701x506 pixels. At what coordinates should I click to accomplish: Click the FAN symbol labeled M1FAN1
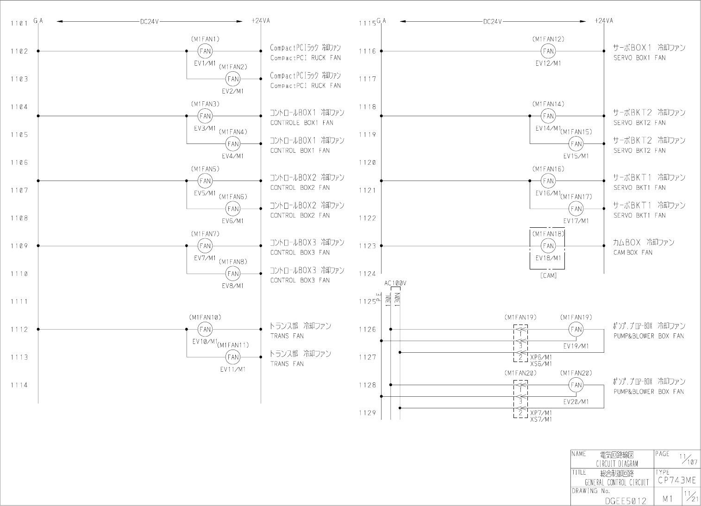coord(205,51)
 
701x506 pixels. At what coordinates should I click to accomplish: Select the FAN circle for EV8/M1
coord(233,274)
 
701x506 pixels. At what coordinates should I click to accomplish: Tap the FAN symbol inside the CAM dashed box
coord(548,246)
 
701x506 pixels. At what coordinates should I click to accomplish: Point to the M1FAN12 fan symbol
coord(548,51)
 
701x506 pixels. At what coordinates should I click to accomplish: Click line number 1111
coord(19,302)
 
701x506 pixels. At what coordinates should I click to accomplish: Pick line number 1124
coord(367,274)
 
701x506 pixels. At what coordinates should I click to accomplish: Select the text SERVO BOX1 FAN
coord(639,58)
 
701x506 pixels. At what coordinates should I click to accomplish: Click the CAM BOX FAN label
coord(632,253)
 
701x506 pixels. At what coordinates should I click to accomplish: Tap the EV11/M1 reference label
coord(233,369)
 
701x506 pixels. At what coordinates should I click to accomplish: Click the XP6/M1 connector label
coord(541,358)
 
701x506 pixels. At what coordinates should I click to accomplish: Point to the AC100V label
coord(395,283)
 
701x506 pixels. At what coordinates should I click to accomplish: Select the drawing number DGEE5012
coord(626,501)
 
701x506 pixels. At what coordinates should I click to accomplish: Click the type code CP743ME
coord(676,481)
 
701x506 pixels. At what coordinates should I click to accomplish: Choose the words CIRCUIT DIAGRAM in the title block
coord(617,464)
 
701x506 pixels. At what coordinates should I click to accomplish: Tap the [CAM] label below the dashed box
coord(548,276)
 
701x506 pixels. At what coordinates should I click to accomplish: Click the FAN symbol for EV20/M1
coord(576,385)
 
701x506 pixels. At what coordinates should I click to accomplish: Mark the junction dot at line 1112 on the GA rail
coord(38,329)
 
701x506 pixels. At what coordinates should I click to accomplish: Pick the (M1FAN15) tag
coord(576,132)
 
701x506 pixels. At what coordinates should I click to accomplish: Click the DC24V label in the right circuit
coord(492,22)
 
